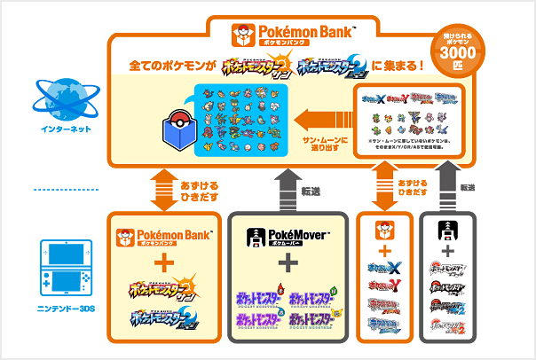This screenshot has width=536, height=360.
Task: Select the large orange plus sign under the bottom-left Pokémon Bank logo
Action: [x=162, y=263]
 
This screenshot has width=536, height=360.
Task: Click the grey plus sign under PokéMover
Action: [x=286, y=263]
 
